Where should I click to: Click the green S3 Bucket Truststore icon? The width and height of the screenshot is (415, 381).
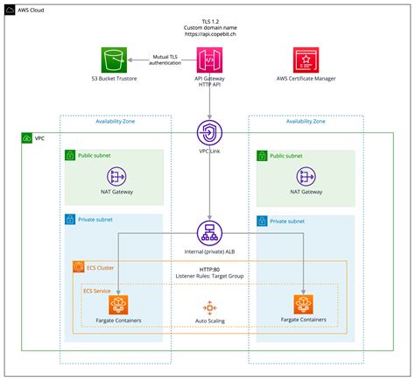click(114, 61)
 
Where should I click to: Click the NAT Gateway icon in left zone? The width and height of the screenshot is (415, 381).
click(116, 175)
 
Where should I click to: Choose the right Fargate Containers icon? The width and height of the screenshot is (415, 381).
click(304, 305)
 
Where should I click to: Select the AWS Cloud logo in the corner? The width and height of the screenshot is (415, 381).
click(9, 8)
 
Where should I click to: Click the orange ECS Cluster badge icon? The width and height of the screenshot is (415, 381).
click(78, 265)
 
